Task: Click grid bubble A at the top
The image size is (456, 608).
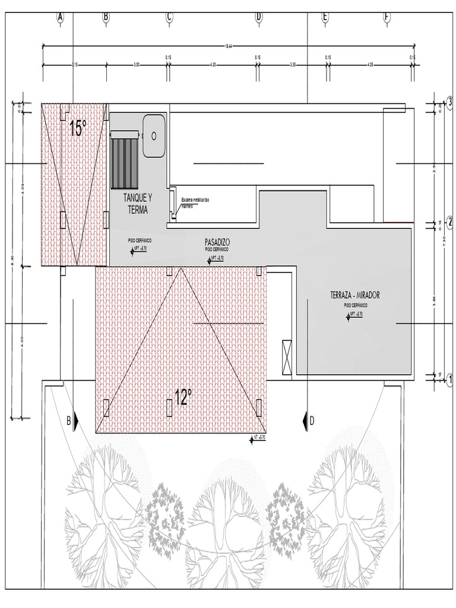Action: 60,17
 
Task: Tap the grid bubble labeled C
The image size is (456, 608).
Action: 169,17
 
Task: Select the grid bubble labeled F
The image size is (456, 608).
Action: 387,17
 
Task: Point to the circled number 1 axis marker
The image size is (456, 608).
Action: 449,379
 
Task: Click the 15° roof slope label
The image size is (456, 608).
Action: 77,128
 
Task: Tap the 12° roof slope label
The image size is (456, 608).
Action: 183,397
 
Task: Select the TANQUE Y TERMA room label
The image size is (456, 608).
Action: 137,202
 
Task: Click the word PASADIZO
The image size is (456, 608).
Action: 217,242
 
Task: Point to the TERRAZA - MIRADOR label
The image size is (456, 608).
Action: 355,294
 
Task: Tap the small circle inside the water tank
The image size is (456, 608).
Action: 154,135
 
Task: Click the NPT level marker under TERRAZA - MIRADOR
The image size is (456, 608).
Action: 354,315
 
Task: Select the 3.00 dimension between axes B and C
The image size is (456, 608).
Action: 137,64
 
